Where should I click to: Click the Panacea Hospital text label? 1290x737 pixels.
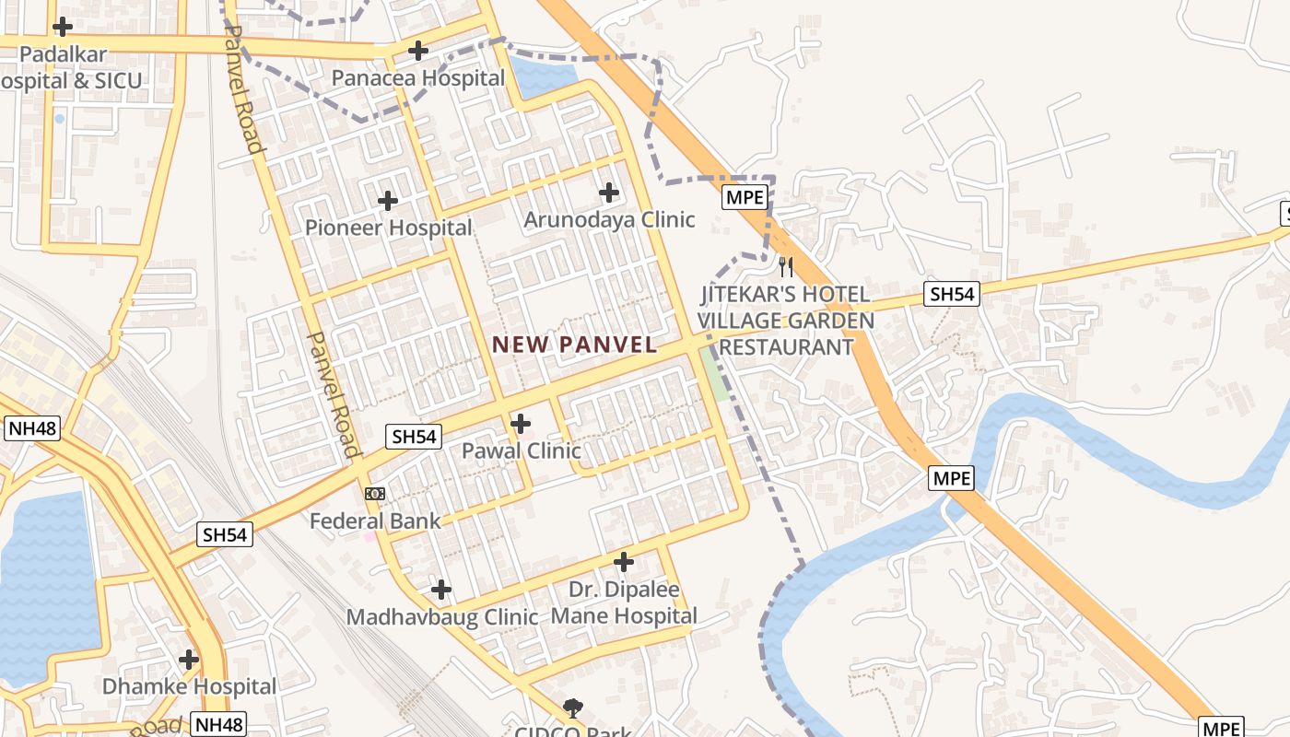point(418,78)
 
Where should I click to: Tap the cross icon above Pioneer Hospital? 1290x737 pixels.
point(388,200)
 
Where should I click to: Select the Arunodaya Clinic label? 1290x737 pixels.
point(609,220)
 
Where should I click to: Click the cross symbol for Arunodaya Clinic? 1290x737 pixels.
point(608,193)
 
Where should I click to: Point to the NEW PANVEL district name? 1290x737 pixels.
point(574,345)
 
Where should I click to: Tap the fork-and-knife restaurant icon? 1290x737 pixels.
point(785,267)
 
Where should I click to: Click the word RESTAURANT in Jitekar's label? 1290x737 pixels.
point(785,347)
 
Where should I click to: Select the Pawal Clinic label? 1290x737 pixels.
point(521,450)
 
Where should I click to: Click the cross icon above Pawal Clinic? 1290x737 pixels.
point(521,424)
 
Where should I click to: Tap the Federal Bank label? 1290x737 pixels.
point(375,521)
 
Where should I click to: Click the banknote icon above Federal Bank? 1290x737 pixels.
point(374,494)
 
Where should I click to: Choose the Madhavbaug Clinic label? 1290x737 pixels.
point(441,616)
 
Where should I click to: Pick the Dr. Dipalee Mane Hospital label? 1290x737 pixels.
point(624,602)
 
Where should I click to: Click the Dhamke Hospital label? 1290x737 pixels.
point(189,686)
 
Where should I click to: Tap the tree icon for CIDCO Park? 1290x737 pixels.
point(573,708)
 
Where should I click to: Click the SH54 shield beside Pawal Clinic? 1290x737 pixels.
point(415,437)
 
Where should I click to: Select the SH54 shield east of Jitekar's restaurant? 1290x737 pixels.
point(952,294)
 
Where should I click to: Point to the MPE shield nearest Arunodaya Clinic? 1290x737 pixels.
point(745,197)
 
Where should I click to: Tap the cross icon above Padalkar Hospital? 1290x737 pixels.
point(62,27)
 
